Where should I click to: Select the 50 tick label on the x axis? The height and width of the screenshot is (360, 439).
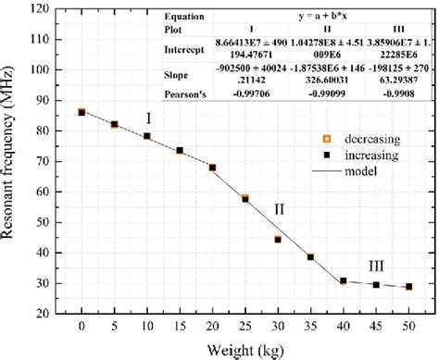(408, 327)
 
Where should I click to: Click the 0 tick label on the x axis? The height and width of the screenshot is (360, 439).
(82, 327)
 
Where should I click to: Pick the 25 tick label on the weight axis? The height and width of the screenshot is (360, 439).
(245, 327)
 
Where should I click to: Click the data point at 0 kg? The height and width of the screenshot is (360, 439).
(82, 112)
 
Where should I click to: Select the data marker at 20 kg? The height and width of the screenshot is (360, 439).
(212, 168)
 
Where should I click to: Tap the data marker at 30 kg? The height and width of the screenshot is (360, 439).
(278, 239)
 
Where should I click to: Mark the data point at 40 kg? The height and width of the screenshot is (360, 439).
(343, 280)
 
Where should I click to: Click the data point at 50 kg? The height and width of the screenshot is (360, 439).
(408, 287)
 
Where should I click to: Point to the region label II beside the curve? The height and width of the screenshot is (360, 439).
(279, 209)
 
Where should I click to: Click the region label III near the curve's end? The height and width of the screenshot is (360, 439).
(376, 266)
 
